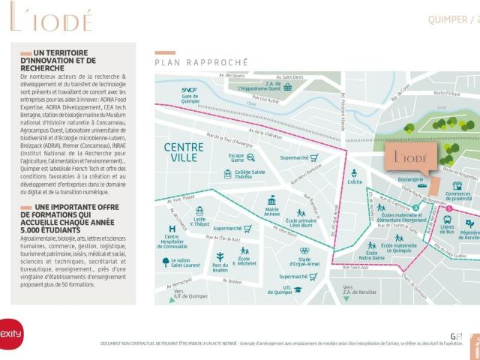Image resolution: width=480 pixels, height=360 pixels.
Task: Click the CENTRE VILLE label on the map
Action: point(184,153)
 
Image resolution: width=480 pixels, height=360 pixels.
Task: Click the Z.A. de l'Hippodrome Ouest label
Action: point(264,87)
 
